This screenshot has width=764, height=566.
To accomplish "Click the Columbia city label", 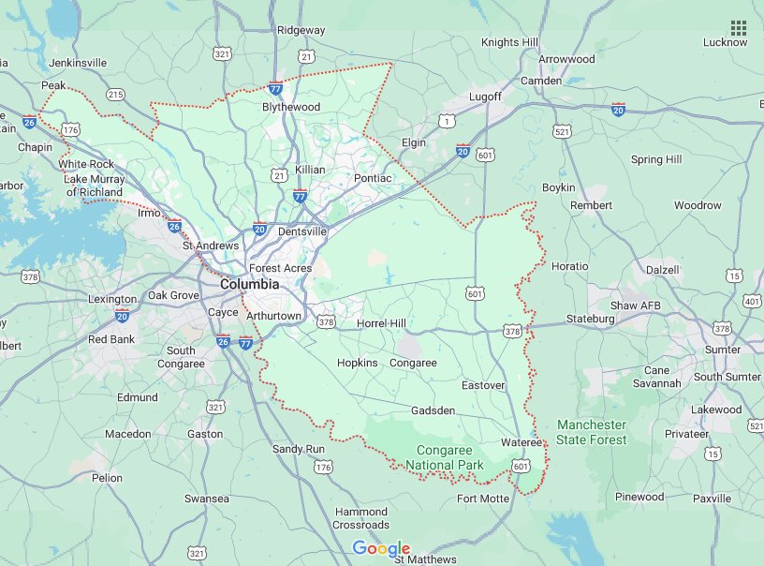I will (x=249, y=284).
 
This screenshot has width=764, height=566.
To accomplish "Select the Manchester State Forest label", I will (x=592, y=432).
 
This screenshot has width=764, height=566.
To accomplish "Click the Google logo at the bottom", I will (x=381, y=549).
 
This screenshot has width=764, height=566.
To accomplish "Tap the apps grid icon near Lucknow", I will (x=738, y=28).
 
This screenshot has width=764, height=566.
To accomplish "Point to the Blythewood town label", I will (x=291, y=107).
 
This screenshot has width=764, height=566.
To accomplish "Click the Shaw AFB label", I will (x=637, y=305).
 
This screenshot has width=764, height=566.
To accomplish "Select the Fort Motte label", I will (x=483, y=499).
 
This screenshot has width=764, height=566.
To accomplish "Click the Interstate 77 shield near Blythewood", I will (x=275, y=89).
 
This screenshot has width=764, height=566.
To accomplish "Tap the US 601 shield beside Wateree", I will (x=521, y=465).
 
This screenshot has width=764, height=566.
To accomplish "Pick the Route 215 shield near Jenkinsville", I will (x=115, y=95).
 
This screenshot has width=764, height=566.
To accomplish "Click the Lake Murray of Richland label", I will (x=94, y=186).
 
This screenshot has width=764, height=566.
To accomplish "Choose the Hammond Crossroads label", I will (x=360, y=518).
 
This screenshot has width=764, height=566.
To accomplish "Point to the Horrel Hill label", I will (x=382, y=323).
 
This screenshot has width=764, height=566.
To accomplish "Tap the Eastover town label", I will (x=484, y=385).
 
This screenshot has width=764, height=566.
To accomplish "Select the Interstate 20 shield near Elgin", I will (x=463, y=150).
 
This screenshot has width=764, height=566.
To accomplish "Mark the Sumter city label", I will (x=723, y=350).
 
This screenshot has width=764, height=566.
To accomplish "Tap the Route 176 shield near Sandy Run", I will (x=323, y=467).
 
